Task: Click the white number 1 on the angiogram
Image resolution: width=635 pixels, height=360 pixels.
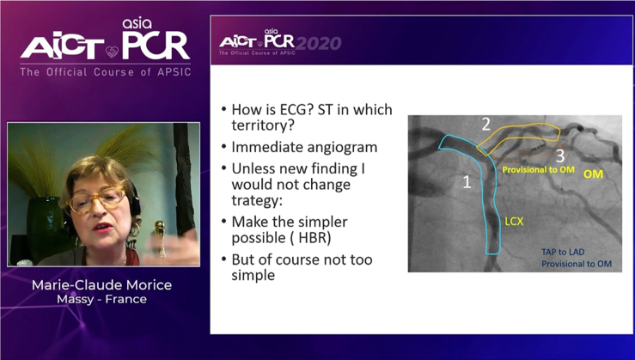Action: click(467, 182)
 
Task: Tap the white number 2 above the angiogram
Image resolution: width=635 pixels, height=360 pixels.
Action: click(486, 125)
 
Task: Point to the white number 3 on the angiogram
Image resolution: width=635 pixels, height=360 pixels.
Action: click(560, 156)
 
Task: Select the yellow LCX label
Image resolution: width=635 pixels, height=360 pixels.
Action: click(514, 222)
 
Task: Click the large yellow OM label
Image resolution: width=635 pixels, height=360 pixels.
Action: click(593, 174)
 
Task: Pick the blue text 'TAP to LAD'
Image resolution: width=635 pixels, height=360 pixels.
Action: click(564, 252)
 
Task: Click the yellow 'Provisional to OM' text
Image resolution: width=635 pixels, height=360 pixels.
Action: click(538, 169)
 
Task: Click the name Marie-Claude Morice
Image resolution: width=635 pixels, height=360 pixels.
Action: click(101, 285)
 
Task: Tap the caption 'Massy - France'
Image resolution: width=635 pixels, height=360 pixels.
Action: click(101, 299)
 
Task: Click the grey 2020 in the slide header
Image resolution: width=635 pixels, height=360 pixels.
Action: click(318, 43)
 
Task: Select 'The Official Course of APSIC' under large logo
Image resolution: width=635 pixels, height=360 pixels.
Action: click(106, 72)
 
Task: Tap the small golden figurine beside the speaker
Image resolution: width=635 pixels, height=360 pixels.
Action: click(161, 238)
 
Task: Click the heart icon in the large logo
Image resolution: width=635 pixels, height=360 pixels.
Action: click(113, 52)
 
